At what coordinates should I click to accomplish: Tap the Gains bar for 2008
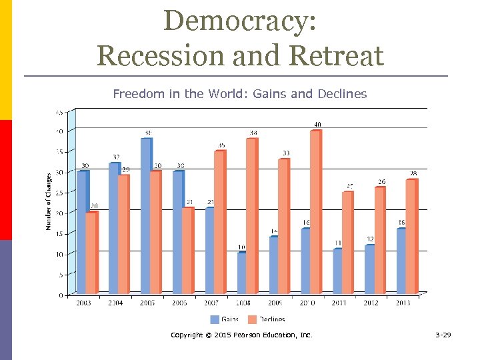pos(242,273)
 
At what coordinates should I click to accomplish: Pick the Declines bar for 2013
pos(411,237)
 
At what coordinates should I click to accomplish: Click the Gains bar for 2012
pos(370,269)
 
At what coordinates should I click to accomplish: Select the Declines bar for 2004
pos(123,234)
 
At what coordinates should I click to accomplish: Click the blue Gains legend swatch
pos(215,319)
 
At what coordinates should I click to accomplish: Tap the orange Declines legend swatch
pos(252,319)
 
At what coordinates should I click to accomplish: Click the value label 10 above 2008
pos(242,247)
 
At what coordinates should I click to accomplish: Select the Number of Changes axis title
pos(48,202)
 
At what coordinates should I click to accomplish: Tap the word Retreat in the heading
pos(341,55)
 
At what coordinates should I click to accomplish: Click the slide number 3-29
pos(443,335)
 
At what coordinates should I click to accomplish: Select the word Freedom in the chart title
pos(137,94)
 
